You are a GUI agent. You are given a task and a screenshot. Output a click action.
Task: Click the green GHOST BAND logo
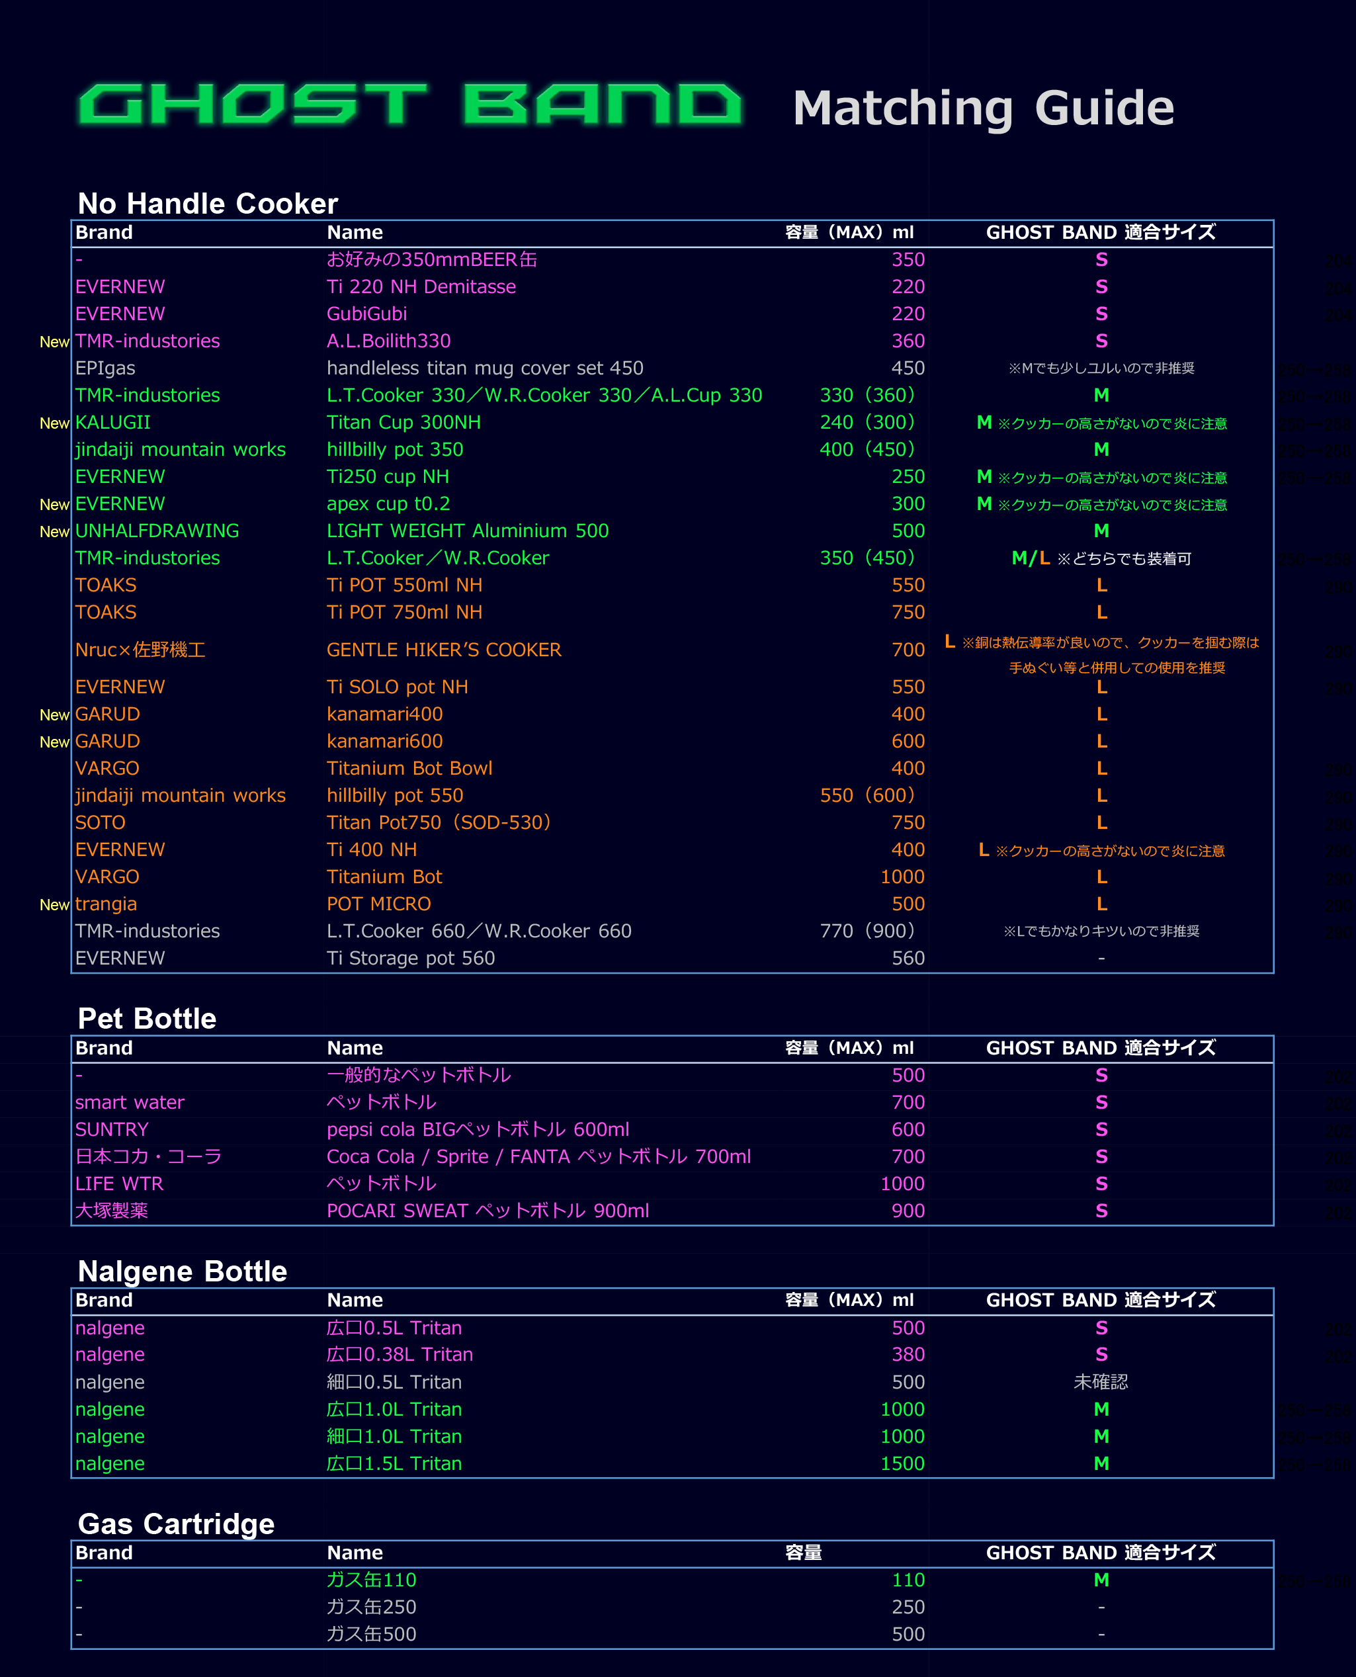coord(410,105)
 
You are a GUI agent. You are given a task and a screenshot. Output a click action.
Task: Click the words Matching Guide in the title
coord(983,108)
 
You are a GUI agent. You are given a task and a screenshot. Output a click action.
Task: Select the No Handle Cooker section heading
coord(208,204)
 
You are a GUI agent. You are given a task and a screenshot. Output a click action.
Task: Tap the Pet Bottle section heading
coord(147,1019)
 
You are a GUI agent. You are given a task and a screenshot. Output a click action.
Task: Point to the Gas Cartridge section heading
coord(176,1524)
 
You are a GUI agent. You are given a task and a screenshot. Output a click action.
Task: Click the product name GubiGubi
coord(366,314)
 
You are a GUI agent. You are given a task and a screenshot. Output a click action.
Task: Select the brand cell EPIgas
coord(105,368)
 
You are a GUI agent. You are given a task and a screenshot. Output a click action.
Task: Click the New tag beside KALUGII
coord(54,423)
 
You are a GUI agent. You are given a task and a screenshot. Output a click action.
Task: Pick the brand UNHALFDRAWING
coord(157,531)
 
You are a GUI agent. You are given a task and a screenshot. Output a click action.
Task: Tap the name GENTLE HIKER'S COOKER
coord(444,650)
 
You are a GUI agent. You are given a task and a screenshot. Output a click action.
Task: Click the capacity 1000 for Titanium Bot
coord(902,877)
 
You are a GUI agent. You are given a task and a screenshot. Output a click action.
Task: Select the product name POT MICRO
coord(378,904)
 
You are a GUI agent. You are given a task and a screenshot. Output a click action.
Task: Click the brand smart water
coord(130,1102)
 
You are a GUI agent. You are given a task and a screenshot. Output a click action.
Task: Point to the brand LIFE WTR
coord(118,1184)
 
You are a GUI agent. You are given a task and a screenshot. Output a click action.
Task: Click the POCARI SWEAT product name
coord(487,1211)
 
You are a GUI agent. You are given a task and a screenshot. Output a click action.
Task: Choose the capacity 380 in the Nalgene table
coord(908,1354)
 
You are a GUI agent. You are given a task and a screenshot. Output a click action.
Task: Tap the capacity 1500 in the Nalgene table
coord(902,1464)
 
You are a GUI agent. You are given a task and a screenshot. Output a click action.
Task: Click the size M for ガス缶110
coord(1101,1580)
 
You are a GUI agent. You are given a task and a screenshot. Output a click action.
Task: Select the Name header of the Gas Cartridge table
coord(355,1553)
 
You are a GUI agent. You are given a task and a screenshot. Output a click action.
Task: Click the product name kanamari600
coord(384,742)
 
